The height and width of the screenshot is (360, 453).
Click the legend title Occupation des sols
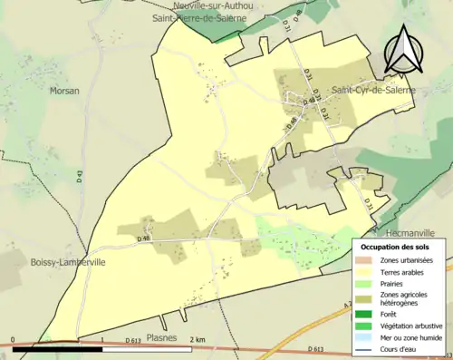pyautogui.click(x=395, y=247)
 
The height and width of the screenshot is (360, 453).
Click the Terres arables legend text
pyautogui.click(x=403, y=271)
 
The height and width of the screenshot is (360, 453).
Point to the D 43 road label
pyautogui.click(x=80, y=179)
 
